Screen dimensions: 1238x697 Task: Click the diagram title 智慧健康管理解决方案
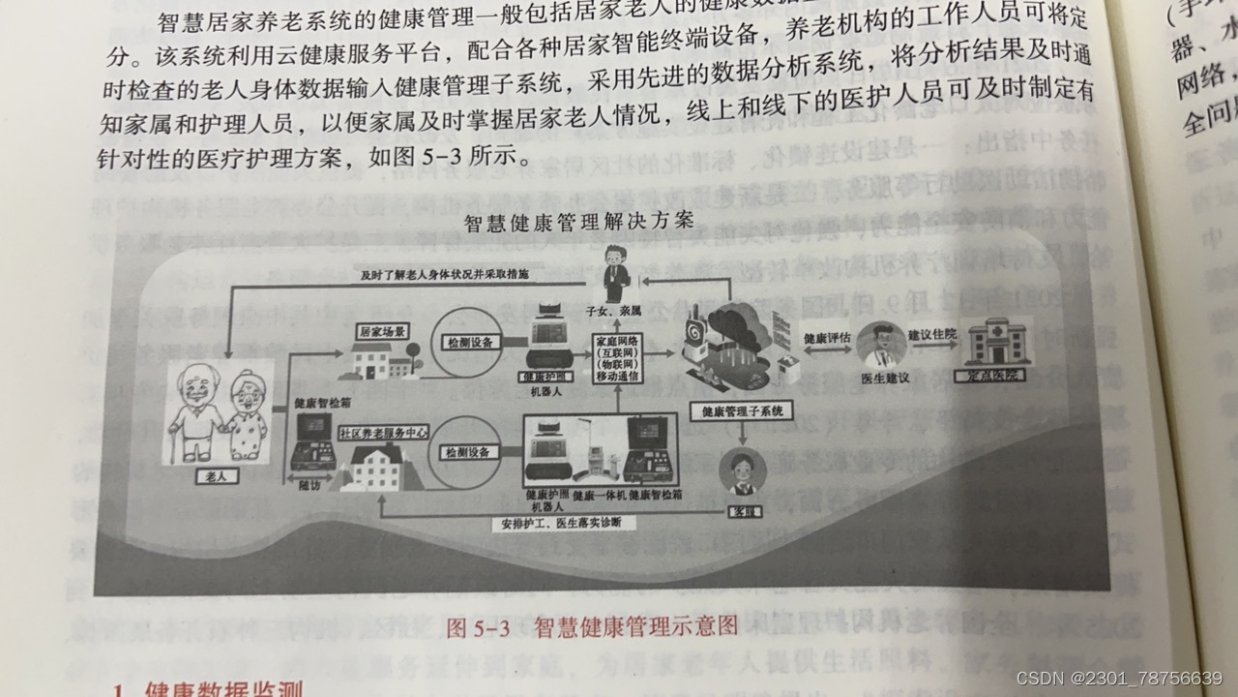tap(578, 221)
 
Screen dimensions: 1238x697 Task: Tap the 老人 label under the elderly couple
tap(205, 475)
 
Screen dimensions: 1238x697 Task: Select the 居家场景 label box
tap(381, 330)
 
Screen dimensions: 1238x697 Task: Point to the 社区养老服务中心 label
tap(383, 433)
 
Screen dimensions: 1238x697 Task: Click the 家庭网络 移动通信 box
tap(619, 359)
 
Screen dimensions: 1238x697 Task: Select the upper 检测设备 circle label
tap(471, 343)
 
